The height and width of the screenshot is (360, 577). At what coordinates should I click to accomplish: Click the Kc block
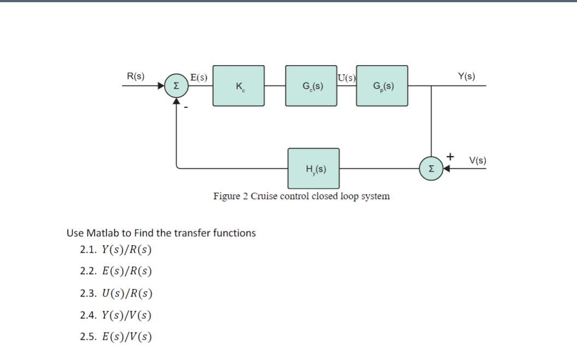coord(238,86)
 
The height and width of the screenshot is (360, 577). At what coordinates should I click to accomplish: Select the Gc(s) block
coord(311,86)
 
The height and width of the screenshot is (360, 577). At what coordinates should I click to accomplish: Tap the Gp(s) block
coord(382,86)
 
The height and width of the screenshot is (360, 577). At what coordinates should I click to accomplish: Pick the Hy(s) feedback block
coord(314,169)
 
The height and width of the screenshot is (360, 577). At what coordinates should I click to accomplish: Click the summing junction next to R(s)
coord(176,86)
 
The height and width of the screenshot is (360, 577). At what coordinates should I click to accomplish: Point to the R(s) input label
coord(136,76)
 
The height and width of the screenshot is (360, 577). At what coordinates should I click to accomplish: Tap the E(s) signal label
coord(198,77)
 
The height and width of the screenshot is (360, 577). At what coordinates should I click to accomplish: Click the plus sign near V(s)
coord(450,156)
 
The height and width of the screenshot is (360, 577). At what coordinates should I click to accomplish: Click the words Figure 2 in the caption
coord(230,196)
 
